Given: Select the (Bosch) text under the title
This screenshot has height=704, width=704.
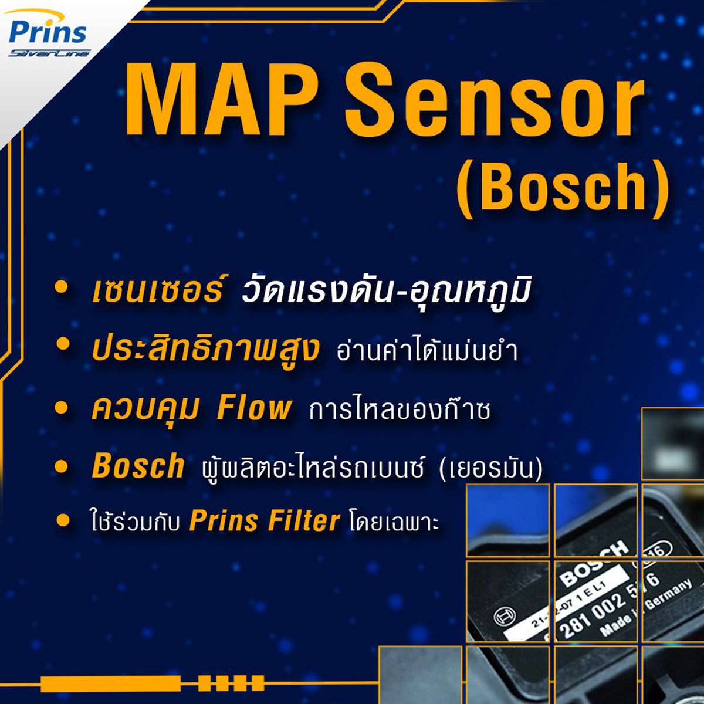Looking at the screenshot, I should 563,187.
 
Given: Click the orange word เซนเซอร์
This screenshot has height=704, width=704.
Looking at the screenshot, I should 157,291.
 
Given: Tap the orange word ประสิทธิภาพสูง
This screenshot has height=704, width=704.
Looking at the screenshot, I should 206,350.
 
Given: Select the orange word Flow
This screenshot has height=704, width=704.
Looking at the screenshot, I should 253,408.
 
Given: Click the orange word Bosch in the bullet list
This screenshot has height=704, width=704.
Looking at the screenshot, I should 138,466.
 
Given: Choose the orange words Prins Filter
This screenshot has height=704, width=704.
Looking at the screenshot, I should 265,521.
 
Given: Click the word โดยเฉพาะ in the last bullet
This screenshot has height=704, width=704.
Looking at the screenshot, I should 394,522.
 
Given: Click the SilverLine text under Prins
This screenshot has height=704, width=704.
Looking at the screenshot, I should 49,53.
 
